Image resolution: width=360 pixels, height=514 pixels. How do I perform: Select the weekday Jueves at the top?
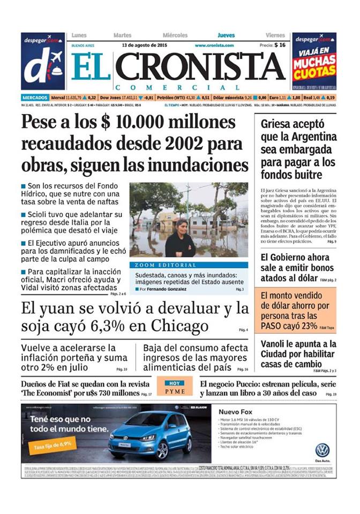[226, 35]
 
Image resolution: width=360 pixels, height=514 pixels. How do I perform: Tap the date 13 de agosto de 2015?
[145, 45]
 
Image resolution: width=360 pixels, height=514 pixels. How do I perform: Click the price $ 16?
[279, 46]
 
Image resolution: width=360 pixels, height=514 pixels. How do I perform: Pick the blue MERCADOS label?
[35, 97]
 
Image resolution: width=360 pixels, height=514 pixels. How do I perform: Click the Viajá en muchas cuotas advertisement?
[314, 61]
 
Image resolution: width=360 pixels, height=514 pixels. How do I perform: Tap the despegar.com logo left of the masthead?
[43, 61]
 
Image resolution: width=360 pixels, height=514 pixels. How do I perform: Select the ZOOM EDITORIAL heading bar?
[189, 265]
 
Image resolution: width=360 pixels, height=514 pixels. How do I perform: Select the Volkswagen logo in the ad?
[322, 450]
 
